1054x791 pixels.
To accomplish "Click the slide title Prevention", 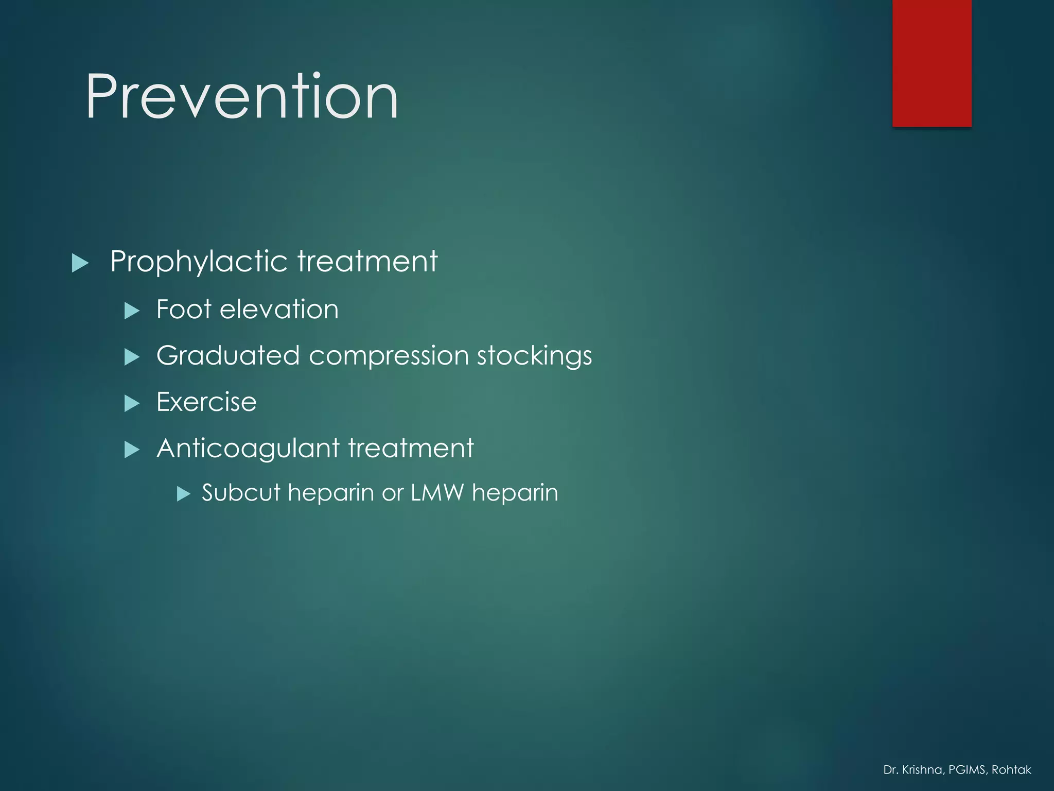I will [242, 97].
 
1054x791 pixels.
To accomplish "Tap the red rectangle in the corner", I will [932, 63].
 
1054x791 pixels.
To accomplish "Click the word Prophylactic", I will [199, 262].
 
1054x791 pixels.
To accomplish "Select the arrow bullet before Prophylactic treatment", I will [80, 263].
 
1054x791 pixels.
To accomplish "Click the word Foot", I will [184, 309].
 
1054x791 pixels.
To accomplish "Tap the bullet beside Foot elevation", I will [132, 311].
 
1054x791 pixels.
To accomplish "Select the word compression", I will [389, 356].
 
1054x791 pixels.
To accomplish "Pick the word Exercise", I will [206, 402].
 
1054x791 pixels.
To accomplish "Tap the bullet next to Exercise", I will [132, 403].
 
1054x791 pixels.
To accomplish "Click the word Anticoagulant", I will [248, 448].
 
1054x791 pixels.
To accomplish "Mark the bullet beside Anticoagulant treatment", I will [132, 450].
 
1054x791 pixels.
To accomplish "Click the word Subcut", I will [241, 493].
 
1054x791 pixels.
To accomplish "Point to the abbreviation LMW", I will [437, 493].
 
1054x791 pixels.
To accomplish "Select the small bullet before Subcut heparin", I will [183, 494].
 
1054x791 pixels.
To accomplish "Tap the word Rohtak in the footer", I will [1011, 770].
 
